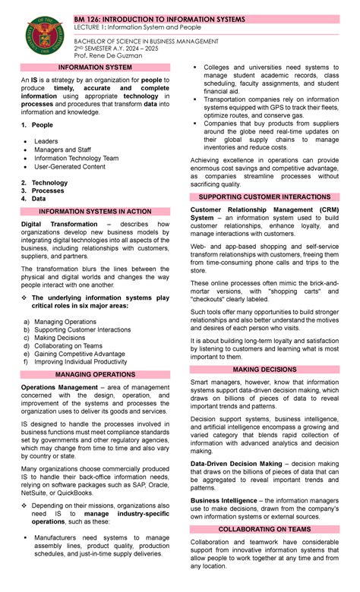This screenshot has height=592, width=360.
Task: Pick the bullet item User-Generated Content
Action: pyautogui.click(x=70, y=166)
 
